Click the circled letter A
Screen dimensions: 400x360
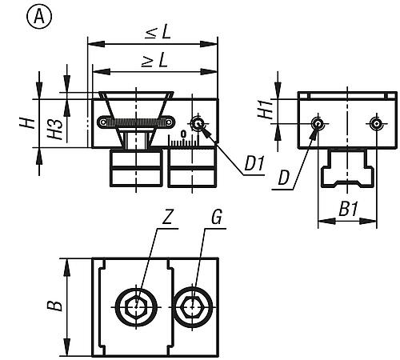click(39, 17)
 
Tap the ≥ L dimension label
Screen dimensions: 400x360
click(154, 61)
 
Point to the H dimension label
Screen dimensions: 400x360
click(27, 123)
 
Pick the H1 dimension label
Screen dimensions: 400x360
click(266, 110)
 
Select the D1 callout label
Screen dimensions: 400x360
click(254, 163)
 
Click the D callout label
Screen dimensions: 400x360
click(283, 178)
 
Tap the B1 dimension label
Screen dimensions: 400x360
click(348, 209)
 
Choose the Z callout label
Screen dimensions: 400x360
click(168, 217)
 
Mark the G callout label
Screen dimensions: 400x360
click(216, 217)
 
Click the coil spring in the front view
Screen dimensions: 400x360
click(136, 122)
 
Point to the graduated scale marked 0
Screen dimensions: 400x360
click(183, 140)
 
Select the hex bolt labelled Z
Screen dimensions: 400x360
click(136, 307)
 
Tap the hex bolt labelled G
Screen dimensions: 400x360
click(193, 307)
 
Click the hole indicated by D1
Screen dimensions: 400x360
click(198, 124)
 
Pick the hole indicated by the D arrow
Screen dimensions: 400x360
click(318, 124)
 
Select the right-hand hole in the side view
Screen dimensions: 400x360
click(376, 124)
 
